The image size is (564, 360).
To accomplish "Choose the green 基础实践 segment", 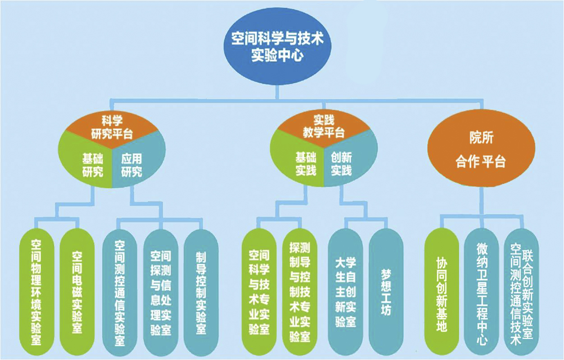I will [303, 163].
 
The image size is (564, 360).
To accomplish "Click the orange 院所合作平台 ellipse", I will [481, 150].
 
